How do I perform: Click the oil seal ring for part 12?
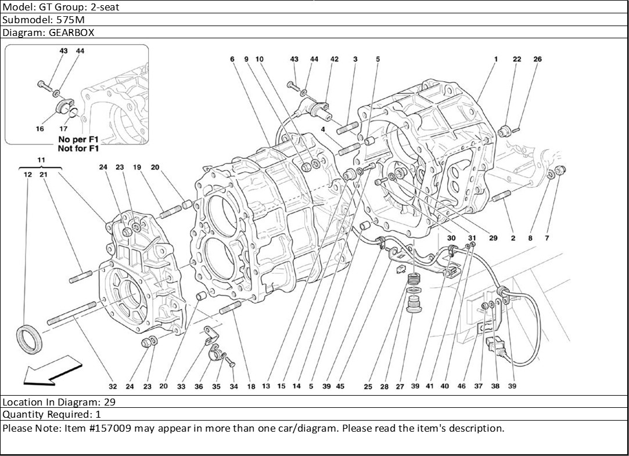pyautogui.click(x=28, y=339)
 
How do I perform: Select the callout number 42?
pyautogui.click(x=335, y=59)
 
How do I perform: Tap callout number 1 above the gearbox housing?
pyautogui.click(x=496, y=59)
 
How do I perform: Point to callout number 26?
pyautogui.click(x=538, y=59)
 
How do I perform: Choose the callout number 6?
pyautogui.click(x=232, y=59)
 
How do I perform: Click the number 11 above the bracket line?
pyautogui.click(x=41, y=160)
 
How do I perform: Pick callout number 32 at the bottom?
pyautogui.click(x=113, y=386)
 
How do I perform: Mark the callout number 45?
pyautogui.click(x=340, y=386)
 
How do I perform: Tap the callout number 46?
pyautogui.click(x=462, y=386)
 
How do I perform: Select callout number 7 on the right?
pyautogui.click(x=547, y=238)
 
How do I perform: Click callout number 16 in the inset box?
pyautogui.click(x=39, y=129)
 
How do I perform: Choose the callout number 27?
pyautogui.click(x=400, y=386)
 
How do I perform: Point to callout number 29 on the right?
pyautogui.click(x=493, y=238)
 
